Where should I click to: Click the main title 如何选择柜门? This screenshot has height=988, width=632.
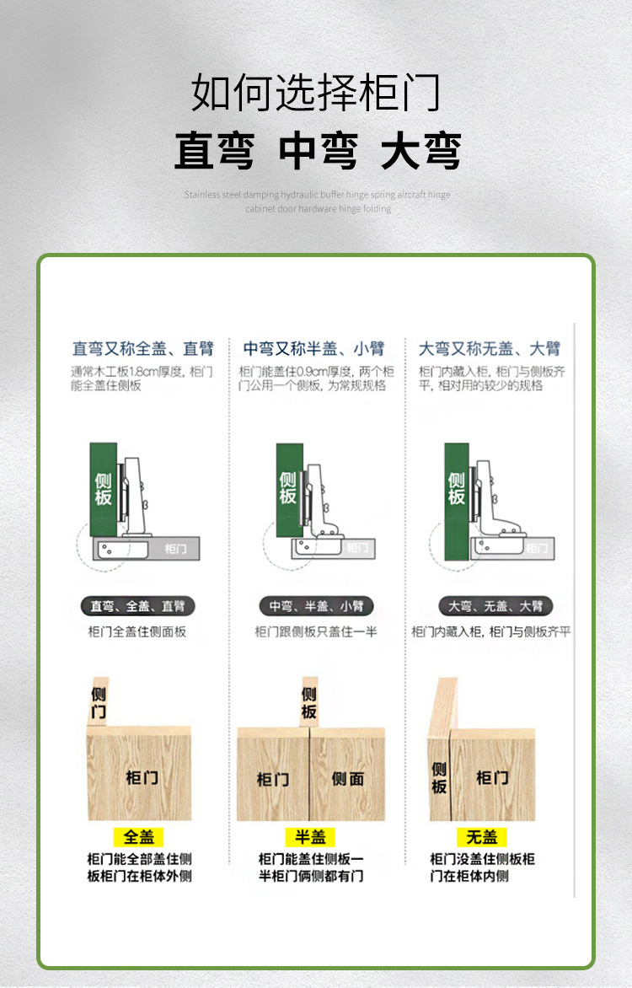pyautogui.click(x=316, y=93)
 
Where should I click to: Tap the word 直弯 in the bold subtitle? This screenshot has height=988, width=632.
pyautogui.click(x=214, y=152)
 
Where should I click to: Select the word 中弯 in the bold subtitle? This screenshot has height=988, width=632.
pyautogui.click(x=318, y=152)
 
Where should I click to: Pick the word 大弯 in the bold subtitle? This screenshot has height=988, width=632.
pyautogui.click(x=420, y=152)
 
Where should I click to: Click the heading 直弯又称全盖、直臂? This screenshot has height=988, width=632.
pyautogui.click(x=142, y=348)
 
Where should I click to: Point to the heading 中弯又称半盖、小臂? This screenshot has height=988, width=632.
pyautogui.click(x=313, y=348)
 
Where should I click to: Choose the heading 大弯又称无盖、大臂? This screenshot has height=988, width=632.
pyautogui.click(x=490, y=348)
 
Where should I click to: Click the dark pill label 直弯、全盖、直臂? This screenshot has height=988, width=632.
pyautogui.click(x=137, y=606)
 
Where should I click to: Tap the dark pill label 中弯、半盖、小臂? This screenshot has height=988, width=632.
pyautogui.click(x=316, y=606)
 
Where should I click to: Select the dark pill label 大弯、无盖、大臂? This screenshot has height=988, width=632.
pyautogui.click(x=495, y=606)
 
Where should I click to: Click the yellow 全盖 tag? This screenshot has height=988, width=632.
pyautogui.click(x=139, y=837)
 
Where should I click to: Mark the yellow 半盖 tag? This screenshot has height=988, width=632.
pyautogui.click(x=310, y=837)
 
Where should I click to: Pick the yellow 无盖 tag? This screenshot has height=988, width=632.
pyautogui.click(x=482, y=837)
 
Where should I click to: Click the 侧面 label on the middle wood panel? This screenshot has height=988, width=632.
pyautogui.click(x=347, y=779)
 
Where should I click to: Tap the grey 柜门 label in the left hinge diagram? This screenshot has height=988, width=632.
pyautogui.click(x=175, y=549)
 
